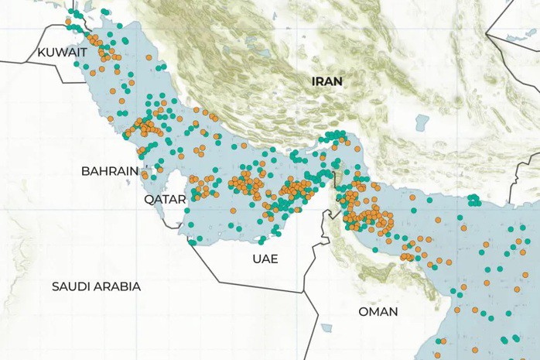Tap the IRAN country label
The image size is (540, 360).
pyautogui.click(x=326, y=81)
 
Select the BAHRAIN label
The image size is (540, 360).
pyautogui.click(x=109, y=171)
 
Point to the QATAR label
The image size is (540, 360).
pyautogui.click(x=165, y=199)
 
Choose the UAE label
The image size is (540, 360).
pyautogui.click(x=265, y=259)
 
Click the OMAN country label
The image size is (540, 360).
pyautogui.click(x=378, y=311)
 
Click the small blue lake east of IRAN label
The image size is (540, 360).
pyautogui.click(x=421, y=122)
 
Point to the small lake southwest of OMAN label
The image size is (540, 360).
pyautogui.click(x=326, y=327)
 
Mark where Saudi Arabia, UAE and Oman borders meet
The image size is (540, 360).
pyautogui.click(x=302, y=293)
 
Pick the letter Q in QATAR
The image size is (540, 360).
pyautogui.click(x=149, y=199)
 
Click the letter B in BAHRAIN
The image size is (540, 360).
pyautogui.click(x=85, y=171)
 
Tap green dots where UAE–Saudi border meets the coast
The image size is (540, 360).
pyautogui.click(x=191, y=242)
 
